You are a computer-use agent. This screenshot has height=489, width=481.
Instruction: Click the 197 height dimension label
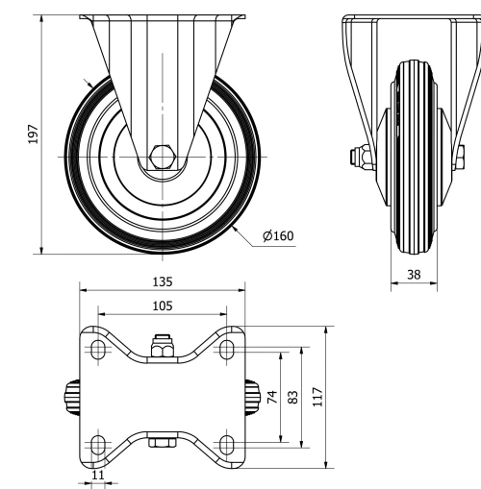coord(33,134)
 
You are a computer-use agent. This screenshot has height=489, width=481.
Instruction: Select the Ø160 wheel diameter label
coord(277,234)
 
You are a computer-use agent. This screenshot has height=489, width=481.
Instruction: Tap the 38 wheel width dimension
coord(414,274)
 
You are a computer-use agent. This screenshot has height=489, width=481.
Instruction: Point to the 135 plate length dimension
coord(162,282)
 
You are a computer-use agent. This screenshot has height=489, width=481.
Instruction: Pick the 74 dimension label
coord(272,396)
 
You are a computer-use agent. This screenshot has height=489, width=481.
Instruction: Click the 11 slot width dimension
coord(97,474)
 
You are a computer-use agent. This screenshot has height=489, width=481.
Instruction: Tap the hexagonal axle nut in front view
coord(162,154)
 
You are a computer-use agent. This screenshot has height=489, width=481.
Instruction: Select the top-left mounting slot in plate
coord(97,349)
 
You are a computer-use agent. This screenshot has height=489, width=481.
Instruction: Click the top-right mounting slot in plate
coord(227,349)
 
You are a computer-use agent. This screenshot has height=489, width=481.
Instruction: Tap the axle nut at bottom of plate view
coord(163,443)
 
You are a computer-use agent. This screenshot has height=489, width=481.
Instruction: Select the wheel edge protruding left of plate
coord(74,396)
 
